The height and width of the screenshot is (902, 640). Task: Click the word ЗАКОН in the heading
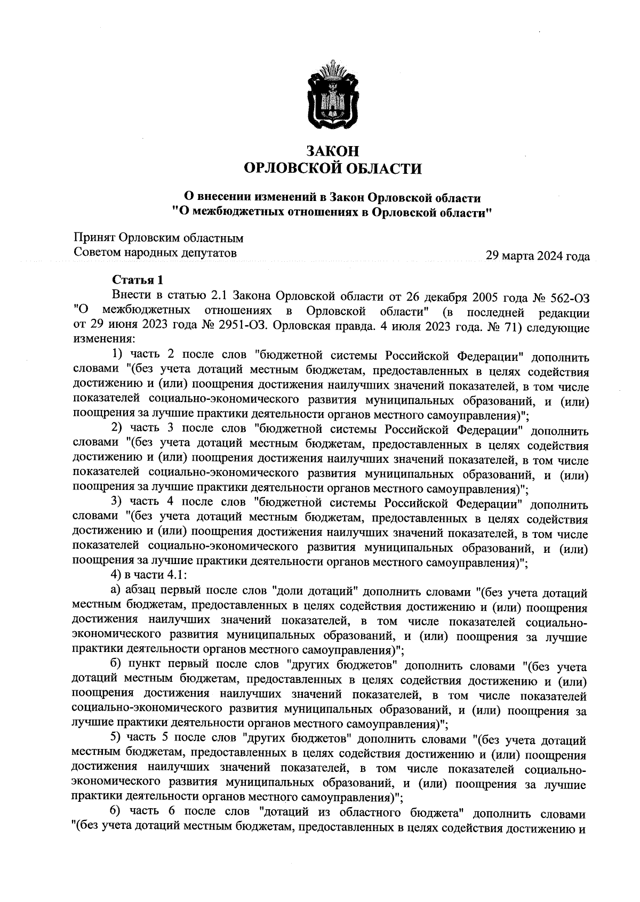333,151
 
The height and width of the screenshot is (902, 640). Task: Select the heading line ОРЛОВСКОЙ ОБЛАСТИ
333,169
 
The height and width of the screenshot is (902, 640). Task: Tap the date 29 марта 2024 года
537,256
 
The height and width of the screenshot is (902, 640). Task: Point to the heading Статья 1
137,280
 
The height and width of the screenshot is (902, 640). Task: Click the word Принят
94,237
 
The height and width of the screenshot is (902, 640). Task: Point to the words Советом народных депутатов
155,252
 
